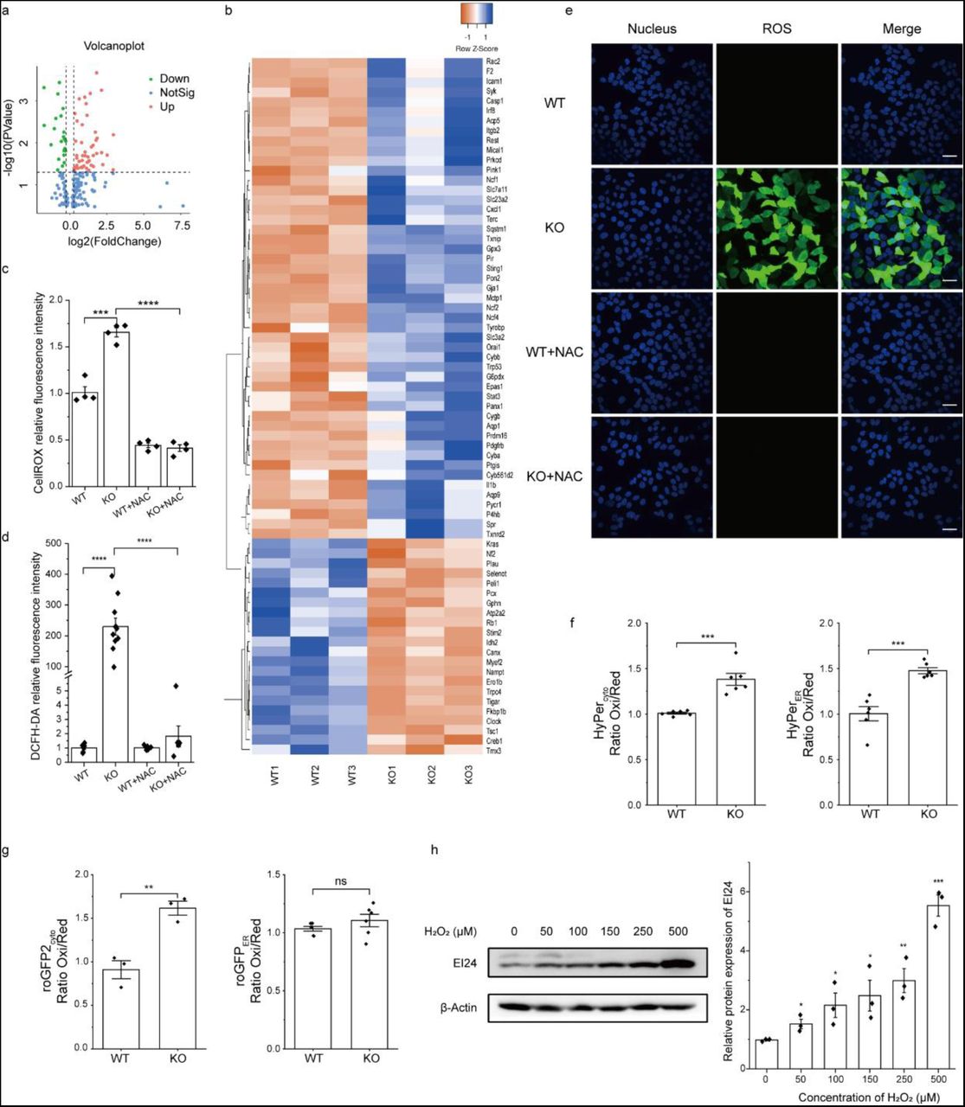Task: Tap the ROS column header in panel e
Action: tap(775, 29)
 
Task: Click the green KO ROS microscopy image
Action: tap(776, 227)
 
